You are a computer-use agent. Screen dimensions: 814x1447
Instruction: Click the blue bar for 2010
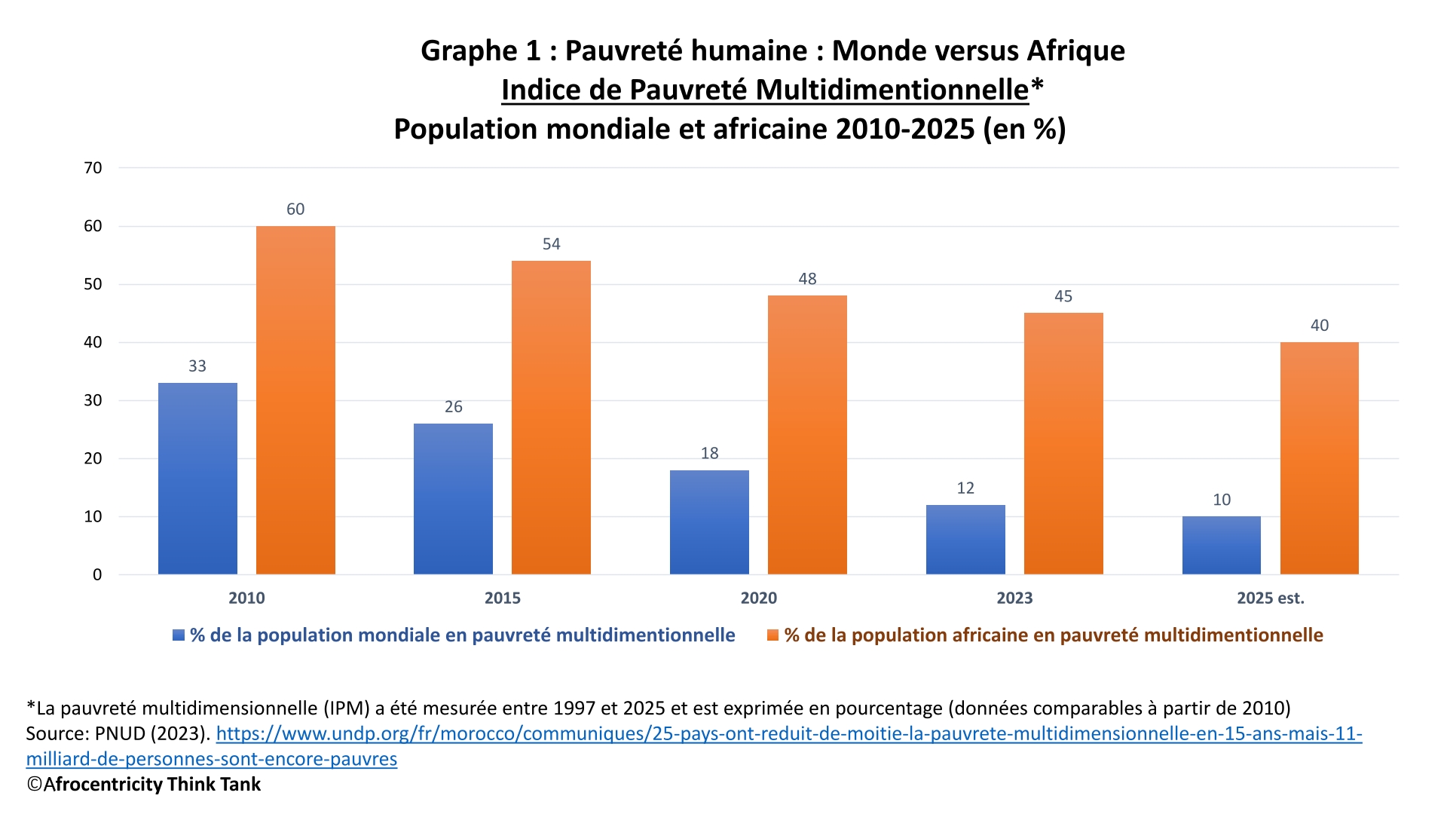[x=197, y=479]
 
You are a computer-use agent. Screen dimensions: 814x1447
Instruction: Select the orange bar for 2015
[x=551, y=418]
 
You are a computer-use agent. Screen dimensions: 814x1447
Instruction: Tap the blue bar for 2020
[x=709, y=522]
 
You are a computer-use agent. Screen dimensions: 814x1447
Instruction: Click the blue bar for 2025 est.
[x=1221, y=545]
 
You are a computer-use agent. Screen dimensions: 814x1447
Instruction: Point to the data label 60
[x=295, y=210]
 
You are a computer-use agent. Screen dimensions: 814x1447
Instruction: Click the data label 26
[x=453, y=407]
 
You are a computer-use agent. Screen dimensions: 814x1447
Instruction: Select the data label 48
[x=807, y=279]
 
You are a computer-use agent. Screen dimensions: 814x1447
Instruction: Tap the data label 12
[x=965, y=488]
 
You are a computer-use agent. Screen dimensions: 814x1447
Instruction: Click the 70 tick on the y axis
[x=93, y=168]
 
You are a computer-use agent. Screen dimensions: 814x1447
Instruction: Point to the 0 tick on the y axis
[x=97, y=575]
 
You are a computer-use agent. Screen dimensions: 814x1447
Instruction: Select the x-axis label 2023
[x=1014, y=598]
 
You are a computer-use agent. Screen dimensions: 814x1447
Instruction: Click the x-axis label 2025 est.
[x=1270, y=598]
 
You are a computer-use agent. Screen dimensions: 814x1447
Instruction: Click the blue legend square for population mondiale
[x=179, y=635]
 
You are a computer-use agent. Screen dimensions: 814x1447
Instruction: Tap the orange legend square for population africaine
[x=772, y=635]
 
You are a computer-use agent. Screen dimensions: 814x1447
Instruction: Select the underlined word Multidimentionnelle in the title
[x=892, y=90]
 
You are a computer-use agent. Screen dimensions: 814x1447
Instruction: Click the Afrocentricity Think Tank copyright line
[x=151, y=785]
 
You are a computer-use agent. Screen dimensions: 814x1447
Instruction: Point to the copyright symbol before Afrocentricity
[x=34, y=785]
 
